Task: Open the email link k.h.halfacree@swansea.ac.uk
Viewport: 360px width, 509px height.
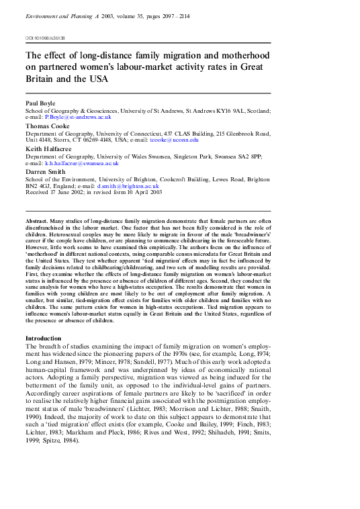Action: click(82, 163)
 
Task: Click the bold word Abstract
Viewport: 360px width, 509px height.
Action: click(38, 221)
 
